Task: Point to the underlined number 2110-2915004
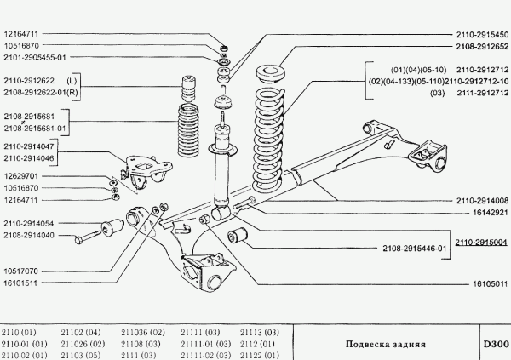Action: tap(480, 242)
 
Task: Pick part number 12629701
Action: tap(22, 175)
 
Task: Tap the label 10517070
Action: tap(22, 271)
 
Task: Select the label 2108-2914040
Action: tap(32, 235)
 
